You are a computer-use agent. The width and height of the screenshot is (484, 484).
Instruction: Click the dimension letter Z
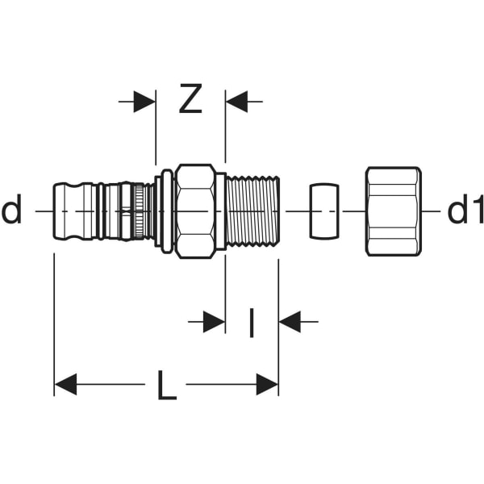[x=190, y=101]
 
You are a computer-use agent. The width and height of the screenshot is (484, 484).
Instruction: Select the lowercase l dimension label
[x=251, y=323]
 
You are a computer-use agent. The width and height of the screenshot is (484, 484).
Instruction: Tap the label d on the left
[x=12, y=211]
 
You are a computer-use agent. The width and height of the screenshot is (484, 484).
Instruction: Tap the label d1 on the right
[x=465, y=211]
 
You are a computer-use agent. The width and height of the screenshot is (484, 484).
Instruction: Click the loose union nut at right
[x=393, y=211]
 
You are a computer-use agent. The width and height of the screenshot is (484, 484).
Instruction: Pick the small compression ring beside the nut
[x=324, y=211]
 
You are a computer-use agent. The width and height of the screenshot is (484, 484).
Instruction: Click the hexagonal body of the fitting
[x=195, y=211]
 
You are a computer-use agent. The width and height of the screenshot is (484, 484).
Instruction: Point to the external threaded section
[x=252, y=211]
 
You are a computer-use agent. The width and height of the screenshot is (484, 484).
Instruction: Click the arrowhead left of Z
[x=145, y=102]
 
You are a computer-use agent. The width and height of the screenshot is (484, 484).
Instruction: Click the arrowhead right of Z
[x=236, y=102]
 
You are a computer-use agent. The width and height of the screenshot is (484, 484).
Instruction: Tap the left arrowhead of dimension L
[x=65, y=385]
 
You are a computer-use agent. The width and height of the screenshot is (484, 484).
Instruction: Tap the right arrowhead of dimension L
[x=267, y=385]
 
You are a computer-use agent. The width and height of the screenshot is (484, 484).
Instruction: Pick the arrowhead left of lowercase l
[x=214, y=322]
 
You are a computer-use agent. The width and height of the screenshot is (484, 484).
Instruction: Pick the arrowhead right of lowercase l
[x=290, y=322]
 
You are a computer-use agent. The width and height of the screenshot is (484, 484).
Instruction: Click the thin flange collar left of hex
[x=166, y=211]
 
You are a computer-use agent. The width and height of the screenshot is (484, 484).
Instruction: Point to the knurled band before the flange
[x=143, y=211]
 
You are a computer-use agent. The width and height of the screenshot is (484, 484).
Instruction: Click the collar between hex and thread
[x=220, y=211]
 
